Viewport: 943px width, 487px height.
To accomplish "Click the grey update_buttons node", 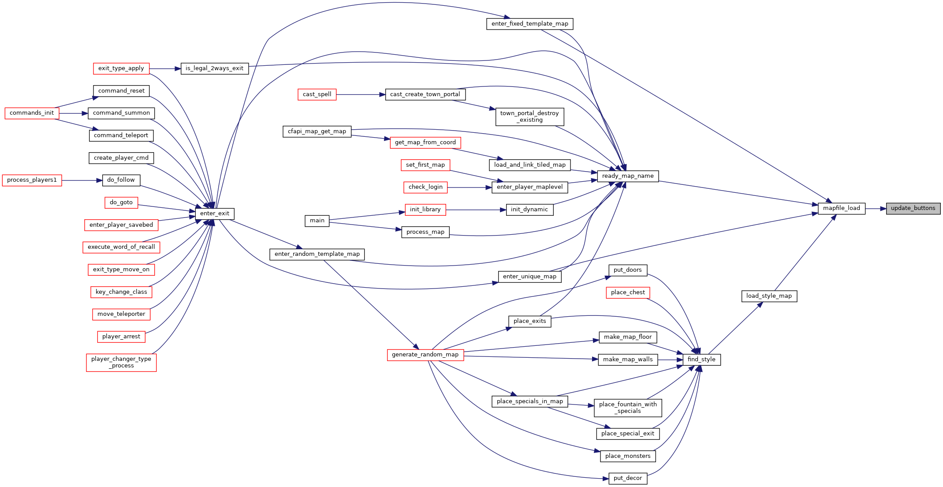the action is (913, 208).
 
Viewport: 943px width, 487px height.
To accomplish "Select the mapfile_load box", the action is (842, 208).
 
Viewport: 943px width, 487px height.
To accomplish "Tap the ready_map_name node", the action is (628, 176).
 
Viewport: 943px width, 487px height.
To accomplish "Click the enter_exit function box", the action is (215, 214).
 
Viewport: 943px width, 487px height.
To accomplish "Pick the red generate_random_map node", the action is (425, 355).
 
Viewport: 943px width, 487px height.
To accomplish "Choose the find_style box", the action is (701, 360).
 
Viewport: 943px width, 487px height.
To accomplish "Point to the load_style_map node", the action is (769, 296).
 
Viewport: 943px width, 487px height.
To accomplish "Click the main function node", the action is (317, 221).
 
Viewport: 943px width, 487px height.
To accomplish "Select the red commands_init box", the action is (32, 113).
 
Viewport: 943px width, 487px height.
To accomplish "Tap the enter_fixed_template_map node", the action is (530, 24).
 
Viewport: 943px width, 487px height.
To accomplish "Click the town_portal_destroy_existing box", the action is (529, 116).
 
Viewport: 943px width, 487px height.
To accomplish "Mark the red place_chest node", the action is (628, 292).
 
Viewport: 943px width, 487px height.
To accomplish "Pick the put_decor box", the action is (628, 478).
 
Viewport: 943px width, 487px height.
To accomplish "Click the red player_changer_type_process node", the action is (121, 362).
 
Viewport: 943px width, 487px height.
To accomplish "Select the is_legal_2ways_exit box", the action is (215, 68).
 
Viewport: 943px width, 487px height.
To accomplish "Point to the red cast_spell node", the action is (317, 94).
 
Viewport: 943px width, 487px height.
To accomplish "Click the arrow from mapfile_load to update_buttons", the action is (876, 208).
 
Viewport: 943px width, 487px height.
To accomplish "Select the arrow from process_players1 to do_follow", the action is (82, 180).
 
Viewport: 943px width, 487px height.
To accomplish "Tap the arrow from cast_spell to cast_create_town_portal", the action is (361, 94).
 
